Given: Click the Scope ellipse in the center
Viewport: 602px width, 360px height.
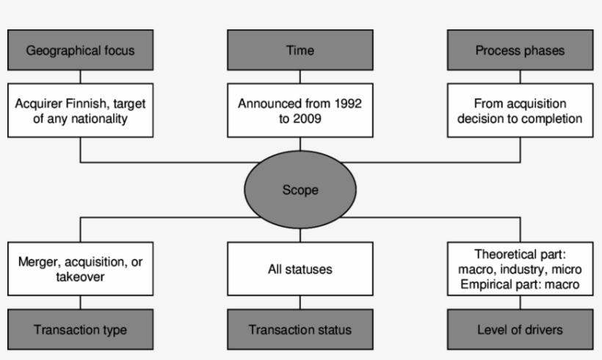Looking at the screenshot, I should [300, 190].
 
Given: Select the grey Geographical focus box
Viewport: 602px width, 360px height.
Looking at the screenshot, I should [80, 51].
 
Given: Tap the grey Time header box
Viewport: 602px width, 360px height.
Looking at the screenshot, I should [300, 51].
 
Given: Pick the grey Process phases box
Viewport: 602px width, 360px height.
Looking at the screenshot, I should [521, 51].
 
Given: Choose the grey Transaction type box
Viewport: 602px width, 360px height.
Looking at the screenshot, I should [80, 330].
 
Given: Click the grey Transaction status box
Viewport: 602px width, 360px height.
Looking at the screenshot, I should [300, 330].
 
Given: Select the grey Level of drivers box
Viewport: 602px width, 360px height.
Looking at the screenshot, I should [521, 330].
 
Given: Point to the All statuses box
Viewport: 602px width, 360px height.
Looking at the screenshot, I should [300, 269].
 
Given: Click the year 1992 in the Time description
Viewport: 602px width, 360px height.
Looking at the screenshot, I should [347, 103].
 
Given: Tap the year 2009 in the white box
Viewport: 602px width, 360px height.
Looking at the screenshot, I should [308, 118].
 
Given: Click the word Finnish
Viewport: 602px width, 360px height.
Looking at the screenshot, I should [89, 103].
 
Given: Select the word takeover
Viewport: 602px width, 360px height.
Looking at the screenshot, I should [80, 277].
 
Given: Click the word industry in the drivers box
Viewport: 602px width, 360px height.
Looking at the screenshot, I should [521, 270].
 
